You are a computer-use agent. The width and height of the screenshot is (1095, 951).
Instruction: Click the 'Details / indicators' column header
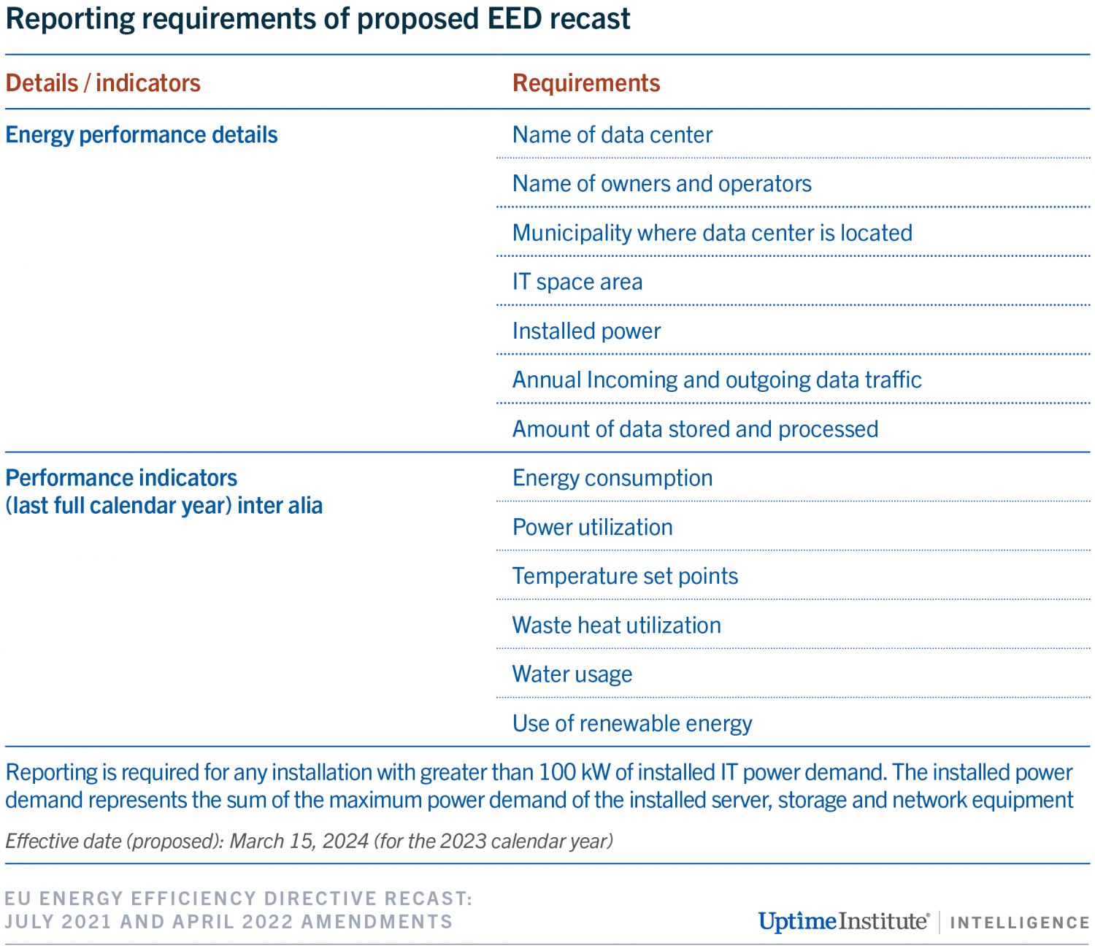(103, 83)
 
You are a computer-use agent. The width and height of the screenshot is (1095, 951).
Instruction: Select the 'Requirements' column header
(586, 83)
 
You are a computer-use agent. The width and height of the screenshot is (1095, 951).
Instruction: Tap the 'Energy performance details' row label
(142, 135)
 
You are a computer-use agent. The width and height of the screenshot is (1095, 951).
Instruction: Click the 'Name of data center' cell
(612, 135)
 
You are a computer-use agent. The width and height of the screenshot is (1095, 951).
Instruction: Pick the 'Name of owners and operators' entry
(661, 184)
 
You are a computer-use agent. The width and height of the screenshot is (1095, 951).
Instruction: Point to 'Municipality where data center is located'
(712, 233)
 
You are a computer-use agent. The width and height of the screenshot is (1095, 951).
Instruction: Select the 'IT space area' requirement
(577, 282)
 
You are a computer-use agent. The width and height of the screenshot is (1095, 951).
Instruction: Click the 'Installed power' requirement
(586, 331)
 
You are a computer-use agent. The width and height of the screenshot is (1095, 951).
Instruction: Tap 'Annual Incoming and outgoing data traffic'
(716, 380)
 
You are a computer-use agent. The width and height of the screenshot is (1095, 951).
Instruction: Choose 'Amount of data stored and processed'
(695, 429)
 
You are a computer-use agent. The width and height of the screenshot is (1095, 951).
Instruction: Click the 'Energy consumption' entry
(612, 478)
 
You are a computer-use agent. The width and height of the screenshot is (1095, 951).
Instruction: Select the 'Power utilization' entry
(592, 528)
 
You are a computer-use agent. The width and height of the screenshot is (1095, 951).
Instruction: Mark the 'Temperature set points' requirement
(625, 577)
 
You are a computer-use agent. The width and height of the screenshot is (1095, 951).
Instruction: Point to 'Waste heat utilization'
(616, 625)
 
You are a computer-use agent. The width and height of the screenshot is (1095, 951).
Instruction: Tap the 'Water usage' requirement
(572, 674)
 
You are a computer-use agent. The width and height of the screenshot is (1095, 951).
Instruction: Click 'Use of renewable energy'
(631, 723)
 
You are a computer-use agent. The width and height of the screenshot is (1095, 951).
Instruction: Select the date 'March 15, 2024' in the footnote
(299, 842)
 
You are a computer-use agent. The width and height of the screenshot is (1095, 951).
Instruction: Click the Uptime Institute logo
(843, 921)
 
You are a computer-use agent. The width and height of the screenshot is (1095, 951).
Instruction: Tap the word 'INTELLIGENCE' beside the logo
(1020, 923)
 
